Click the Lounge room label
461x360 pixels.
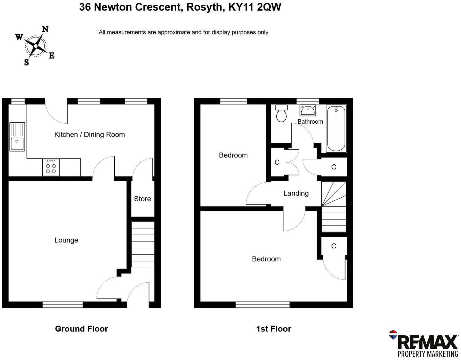click(66, 240)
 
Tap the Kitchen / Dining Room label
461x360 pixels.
click(89, 134)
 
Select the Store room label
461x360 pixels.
click(142, 199)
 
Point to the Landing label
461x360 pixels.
click(296, 193)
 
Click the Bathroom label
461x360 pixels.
click(310, 121)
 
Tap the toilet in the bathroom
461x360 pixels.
click(282, 113)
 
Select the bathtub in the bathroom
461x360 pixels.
click(336, 128)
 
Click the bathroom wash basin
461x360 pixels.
click(308, 110)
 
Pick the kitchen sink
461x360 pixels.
click(17, 136)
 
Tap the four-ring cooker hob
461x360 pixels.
click(51, 167)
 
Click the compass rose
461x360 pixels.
click(35, 46)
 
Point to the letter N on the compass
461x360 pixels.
click(45, 29)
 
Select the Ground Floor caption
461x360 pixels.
click(81, 329)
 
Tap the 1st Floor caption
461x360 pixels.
click(273, 329)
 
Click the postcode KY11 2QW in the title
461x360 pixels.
click(255, 7)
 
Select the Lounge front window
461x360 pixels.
click(63, 305)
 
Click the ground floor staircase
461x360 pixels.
click(143, 244)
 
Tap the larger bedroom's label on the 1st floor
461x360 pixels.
click(266, 259)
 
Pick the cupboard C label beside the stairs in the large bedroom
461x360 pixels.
click(333, 246)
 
